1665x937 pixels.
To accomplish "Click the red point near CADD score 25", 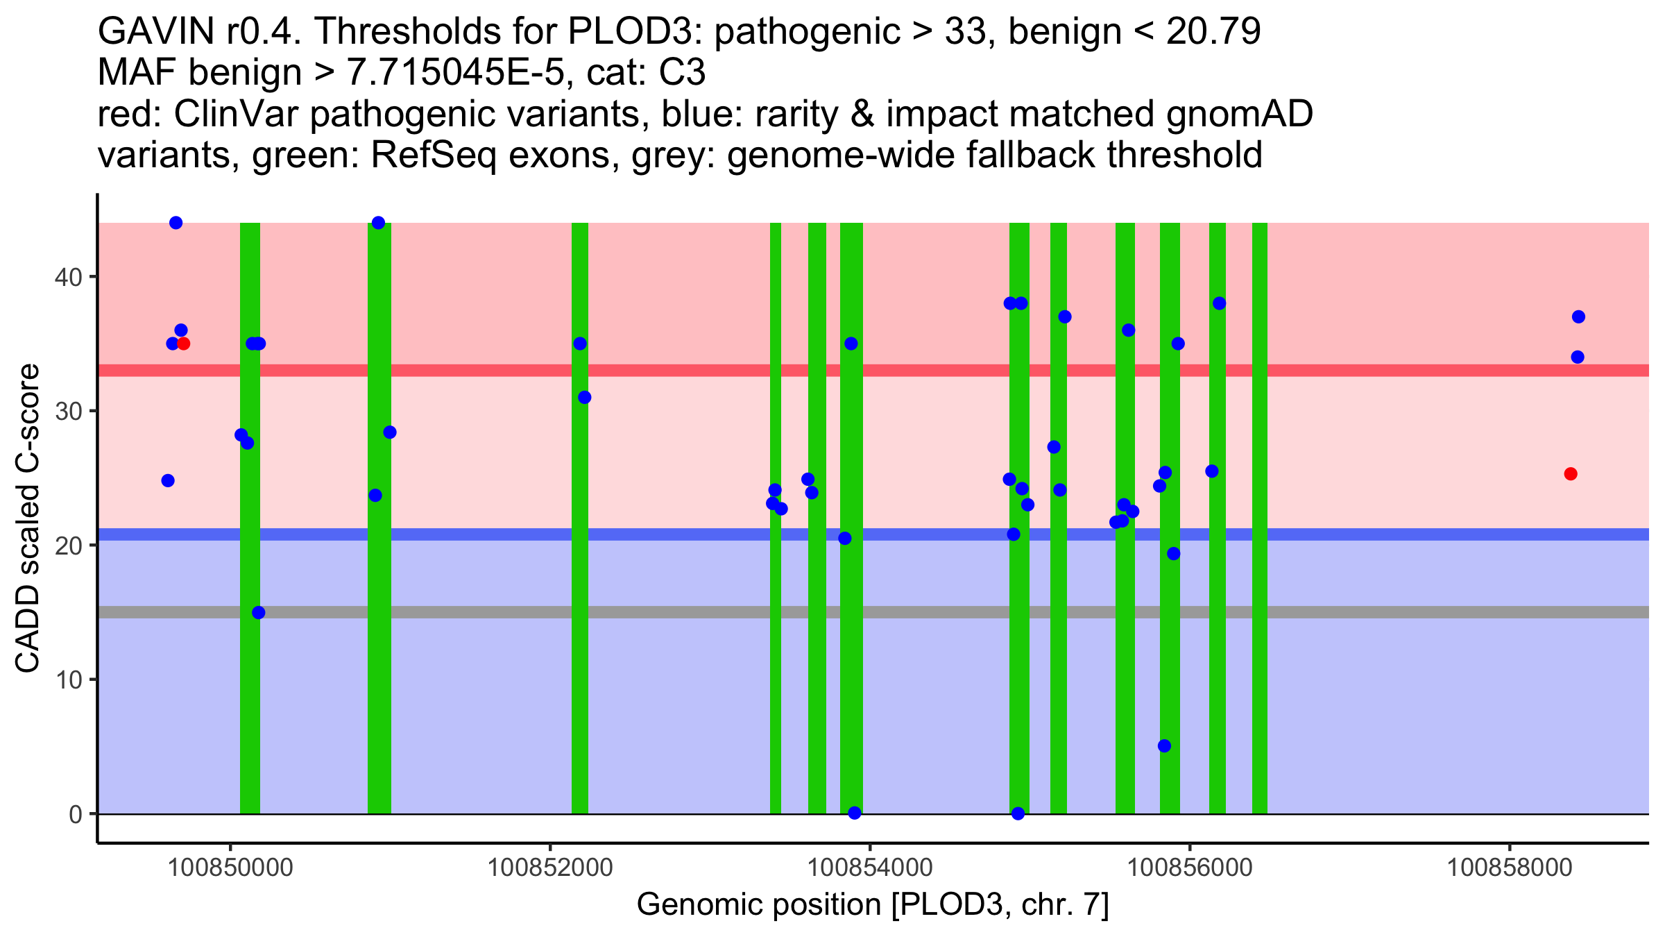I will click(x=1571, y=474).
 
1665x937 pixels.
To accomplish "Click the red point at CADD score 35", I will click(x=184, y=344).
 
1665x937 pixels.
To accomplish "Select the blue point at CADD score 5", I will click(x=1164, y=746).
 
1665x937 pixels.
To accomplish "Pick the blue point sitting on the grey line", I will click(x=258, y=612).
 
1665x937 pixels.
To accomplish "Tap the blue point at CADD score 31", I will click(x=585, y=397).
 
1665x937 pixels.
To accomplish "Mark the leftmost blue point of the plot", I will click(x=168, y=480).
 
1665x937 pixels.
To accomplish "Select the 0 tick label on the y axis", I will click(x=76, y=814).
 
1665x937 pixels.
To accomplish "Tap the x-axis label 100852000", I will click(x=550, y=868).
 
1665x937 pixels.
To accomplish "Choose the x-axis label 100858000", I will click(x=1509, y=868).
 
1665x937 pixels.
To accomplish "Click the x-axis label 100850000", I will click(x=230, y=868).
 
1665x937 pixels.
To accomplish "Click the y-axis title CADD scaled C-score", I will click(x=28, y=518).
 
